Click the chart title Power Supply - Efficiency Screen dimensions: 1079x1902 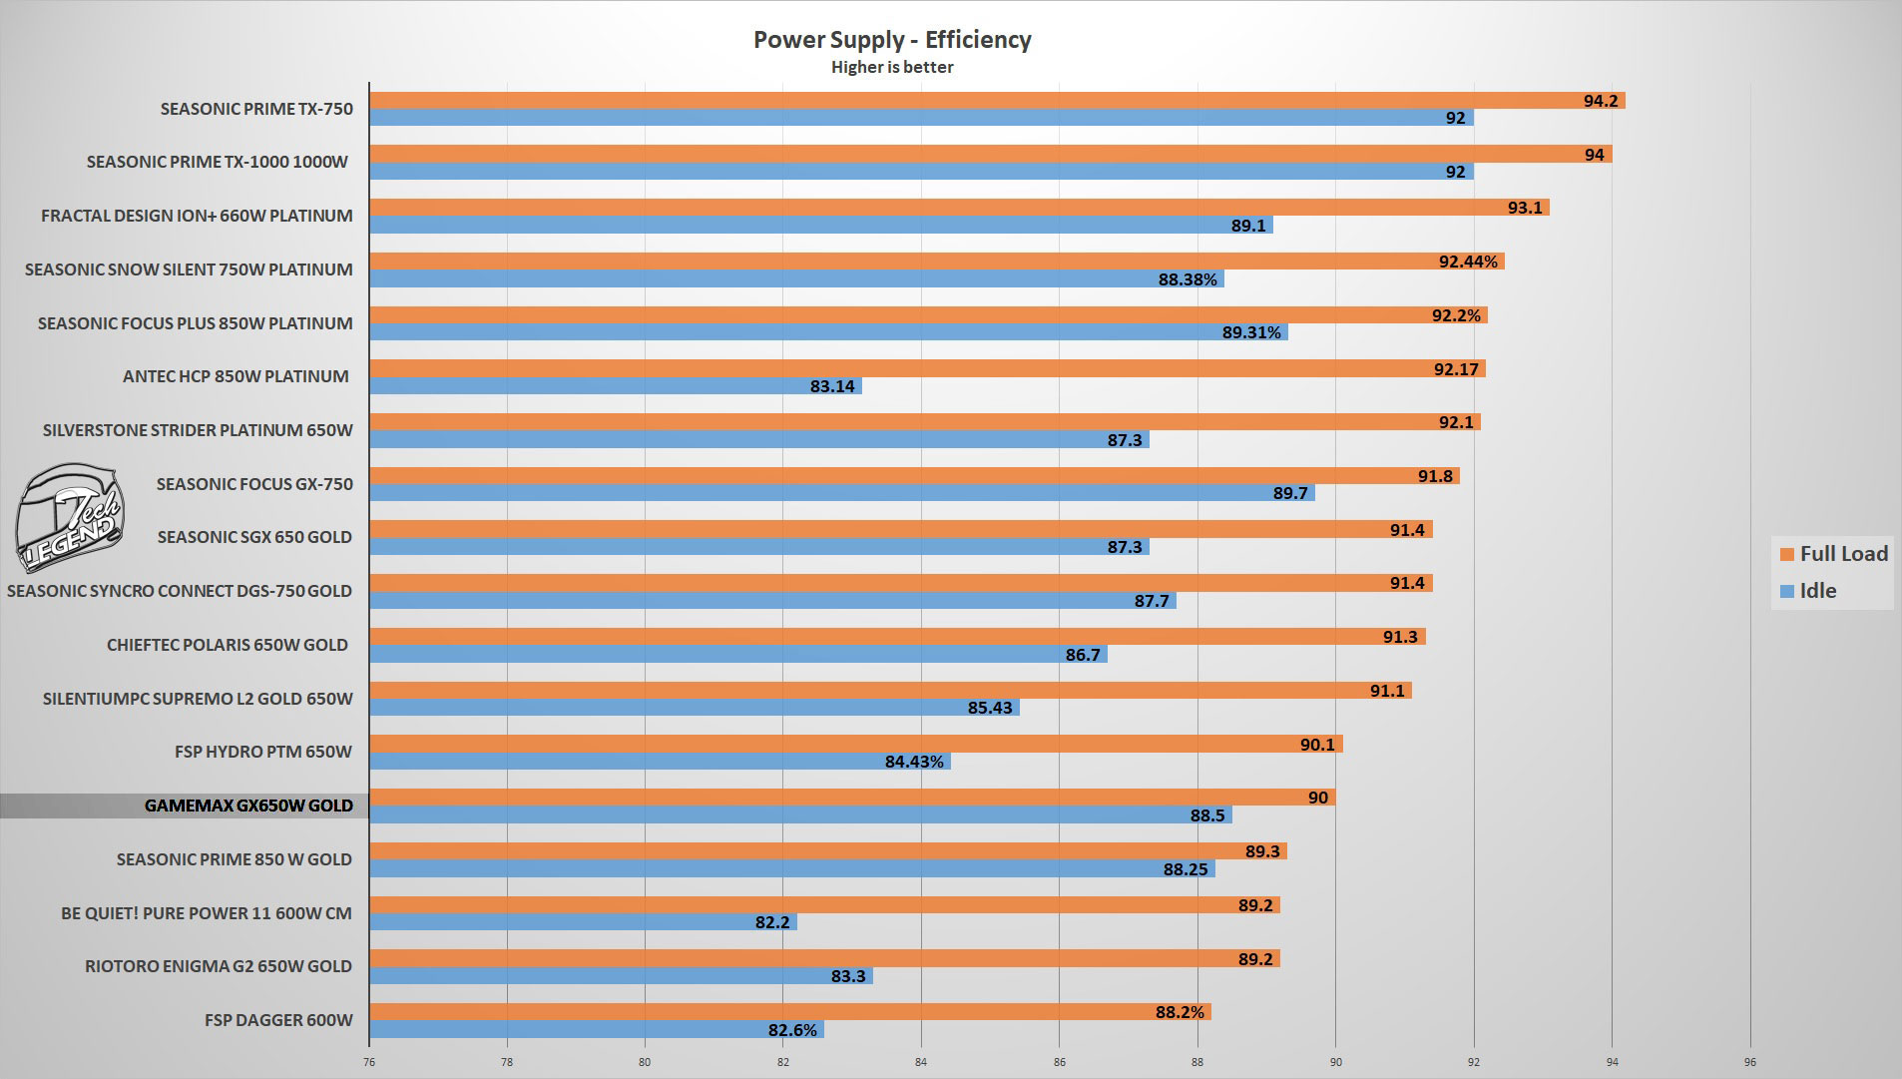pyautogui.click(x=891, y=40)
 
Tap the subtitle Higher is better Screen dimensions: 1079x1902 pyautogui.click(x=891, y=68)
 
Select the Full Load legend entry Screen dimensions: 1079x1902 pyautogui.click(x=1833, y=554)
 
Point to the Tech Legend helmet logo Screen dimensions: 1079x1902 pyautogui.click(x=68, y=517)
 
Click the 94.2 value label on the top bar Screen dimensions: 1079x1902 pyautogui.click(x=1600, y=101)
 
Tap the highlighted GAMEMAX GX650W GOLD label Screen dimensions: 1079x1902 pyautogui.click(x=248, y=806)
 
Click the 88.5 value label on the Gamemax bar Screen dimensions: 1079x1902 pyautogui.click(x=1206, y=815)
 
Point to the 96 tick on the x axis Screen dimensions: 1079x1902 pyautogui.click(x=1749, y=1062)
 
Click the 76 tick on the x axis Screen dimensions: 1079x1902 pyautogui.click(x=369, y=1062)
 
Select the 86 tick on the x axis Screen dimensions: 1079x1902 pyautogui.click(x=1059, y=1062)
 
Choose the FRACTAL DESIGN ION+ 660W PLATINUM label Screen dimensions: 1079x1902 pyautogui.click(x=197, y=216)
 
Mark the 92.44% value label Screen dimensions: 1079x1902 pyautogui.click(x=1468, y=262)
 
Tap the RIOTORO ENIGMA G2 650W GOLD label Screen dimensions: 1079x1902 pyautogui.click(x=218, y=966)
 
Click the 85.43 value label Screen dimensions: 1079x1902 pyautogui.click(x=990, y=708)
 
